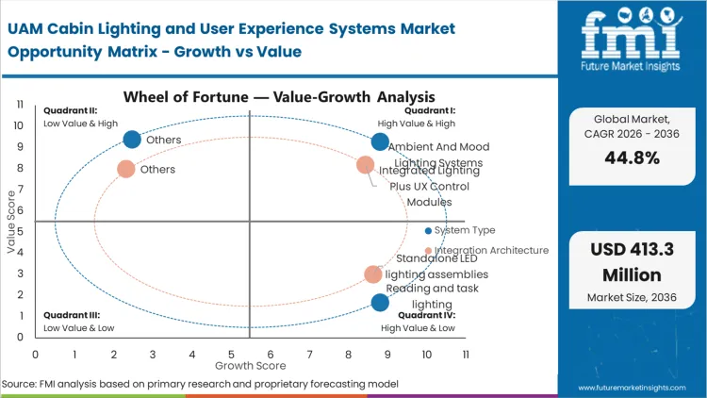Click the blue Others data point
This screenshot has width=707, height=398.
(132, 140)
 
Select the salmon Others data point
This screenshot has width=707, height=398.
(125, 169)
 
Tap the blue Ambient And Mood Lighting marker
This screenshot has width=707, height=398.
(380, 142)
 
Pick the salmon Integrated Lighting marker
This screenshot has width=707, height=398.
(366, 166)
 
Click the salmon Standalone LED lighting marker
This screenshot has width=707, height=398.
(373, 274)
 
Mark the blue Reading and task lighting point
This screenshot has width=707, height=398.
(380, 303)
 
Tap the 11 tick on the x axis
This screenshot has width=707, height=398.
(466, 354)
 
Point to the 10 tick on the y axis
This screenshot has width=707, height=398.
(20, 125)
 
